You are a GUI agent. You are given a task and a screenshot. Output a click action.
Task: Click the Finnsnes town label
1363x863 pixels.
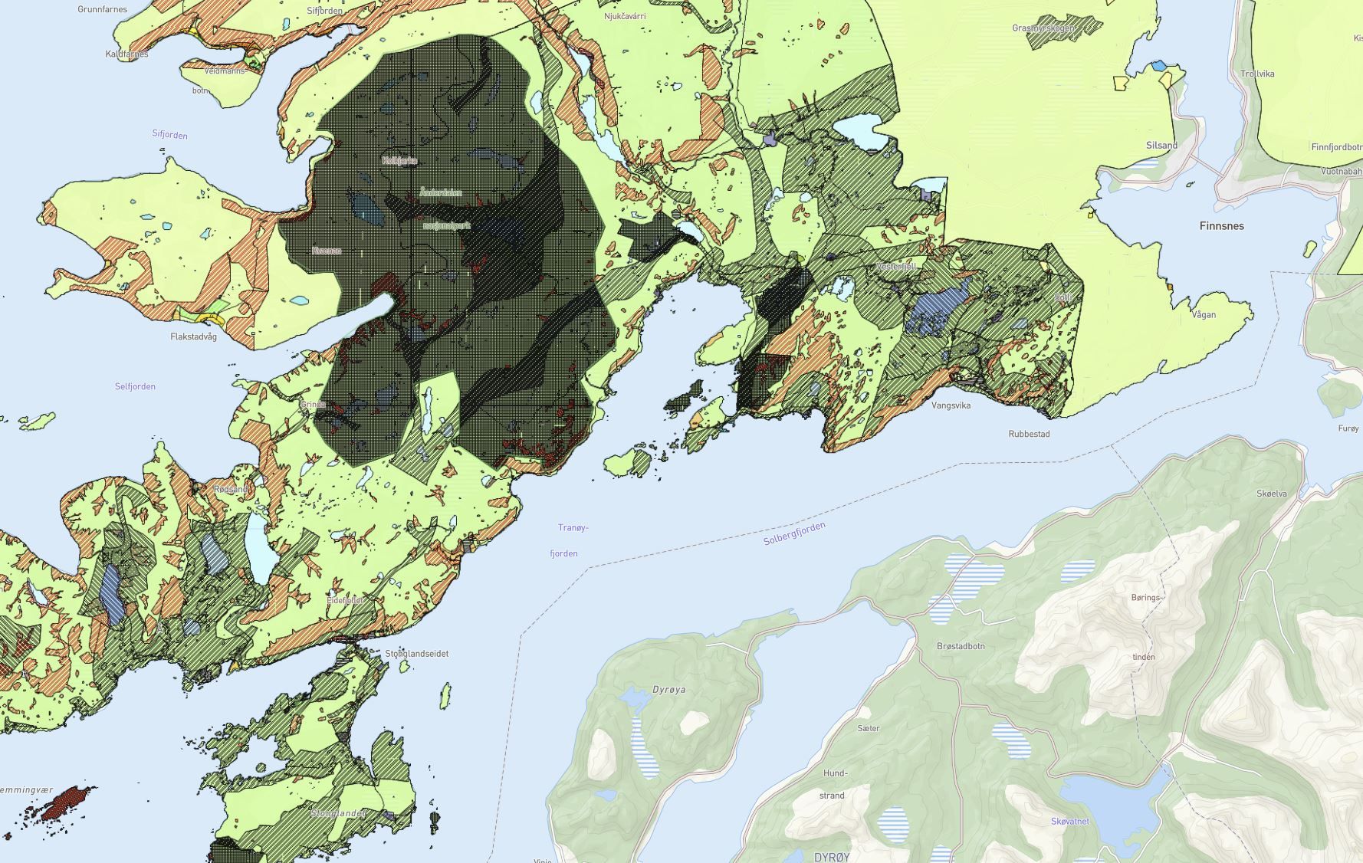click(1221, 226)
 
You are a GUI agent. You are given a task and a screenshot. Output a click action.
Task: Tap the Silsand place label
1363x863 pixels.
click(1161, 146)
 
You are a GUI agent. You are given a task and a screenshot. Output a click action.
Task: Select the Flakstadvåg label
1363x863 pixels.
click(193, 336)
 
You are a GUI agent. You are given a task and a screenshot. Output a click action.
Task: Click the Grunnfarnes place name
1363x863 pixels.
click(103, 10)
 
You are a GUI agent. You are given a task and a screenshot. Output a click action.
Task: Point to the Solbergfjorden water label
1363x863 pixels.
click(794, 533)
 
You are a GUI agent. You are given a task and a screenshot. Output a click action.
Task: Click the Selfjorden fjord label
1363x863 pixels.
click(135, 386)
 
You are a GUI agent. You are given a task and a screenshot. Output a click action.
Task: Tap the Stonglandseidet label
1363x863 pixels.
click(416, 654)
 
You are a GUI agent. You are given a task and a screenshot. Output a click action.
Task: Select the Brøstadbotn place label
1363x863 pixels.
click(961, 646)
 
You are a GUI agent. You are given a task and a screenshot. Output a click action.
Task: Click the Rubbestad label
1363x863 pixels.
click(1029, 434)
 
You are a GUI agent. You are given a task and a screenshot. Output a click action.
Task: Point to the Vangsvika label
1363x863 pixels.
click(951, 405)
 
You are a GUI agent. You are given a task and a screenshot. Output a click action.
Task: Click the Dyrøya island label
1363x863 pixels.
click(668, 690)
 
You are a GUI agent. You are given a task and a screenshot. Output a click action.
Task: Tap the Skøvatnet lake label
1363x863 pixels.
click(1069, 822)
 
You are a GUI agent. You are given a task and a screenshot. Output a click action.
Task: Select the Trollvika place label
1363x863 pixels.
click(1257, 74)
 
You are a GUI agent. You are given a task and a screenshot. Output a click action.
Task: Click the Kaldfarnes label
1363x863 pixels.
click(126, 54)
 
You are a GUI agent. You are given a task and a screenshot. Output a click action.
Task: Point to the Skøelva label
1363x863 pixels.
click(1272, 494)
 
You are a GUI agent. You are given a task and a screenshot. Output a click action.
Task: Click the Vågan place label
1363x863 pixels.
click(1204, 314)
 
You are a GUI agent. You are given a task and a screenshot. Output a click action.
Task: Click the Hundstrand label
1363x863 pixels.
click(833, 784)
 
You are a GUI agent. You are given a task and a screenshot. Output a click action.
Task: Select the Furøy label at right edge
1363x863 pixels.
click(1348, 428)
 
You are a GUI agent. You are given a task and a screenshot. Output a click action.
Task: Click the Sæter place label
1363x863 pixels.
click(869, 728)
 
